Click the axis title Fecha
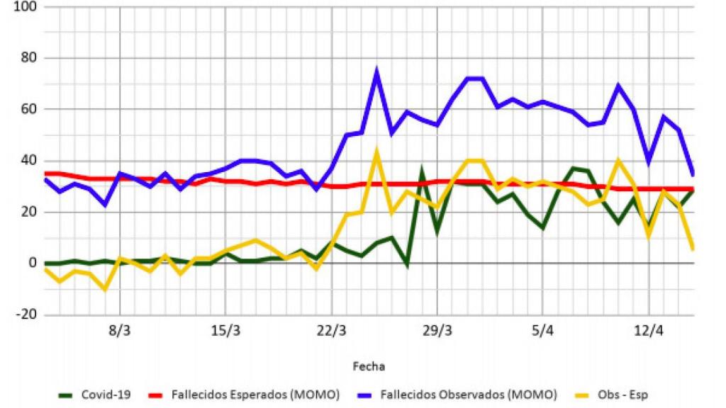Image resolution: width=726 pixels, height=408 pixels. [x=369, y=366]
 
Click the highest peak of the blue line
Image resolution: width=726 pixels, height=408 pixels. [x=376, y=71]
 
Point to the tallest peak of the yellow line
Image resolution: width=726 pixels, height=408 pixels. [x=376, y=150]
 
